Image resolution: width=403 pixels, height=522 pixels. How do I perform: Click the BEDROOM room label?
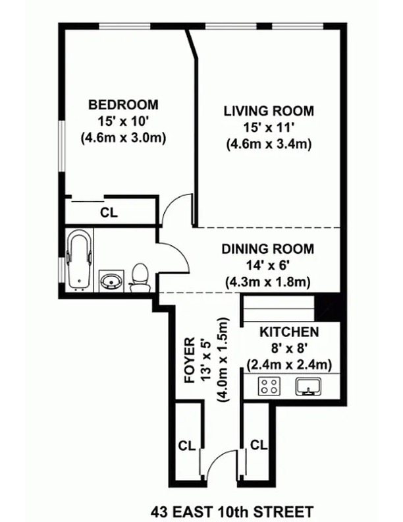[x=123, y=104]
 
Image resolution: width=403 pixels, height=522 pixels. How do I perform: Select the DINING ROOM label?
[x=267, y=249]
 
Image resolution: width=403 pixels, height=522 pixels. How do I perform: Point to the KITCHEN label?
[x=288, y=332]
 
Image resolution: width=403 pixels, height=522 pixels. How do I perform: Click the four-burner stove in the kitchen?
[x=269, y=386]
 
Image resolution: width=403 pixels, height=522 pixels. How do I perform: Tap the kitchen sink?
[x=308, y=386]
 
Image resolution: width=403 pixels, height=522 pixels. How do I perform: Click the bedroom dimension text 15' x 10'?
[x=123, y=121]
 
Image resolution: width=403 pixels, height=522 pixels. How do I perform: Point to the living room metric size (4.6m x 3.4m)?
[x=268, y=143]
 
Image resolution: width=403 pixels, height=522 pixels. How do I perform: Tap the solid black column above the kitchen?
[x=327, y=307]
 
